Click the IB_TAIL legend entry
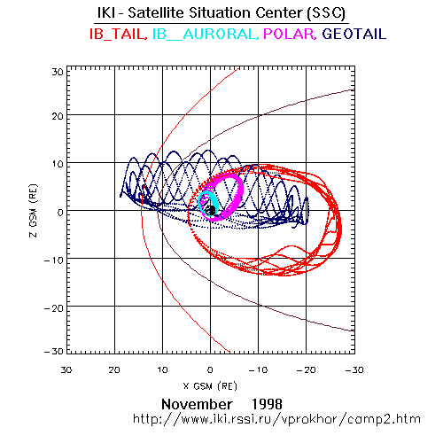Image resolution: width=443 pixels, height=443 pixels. (x=119, y=34)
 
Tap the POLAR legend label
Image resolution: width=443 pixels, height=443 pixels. (x=290, y=34)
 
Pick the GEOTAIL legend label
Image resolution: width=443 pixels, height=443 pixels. (x=354, y=34)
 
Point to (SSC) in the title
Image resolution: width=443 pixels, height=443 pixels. (x=326, y=13)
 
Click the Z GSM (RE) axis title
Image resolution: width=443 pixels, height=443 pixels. (x=34, y=211)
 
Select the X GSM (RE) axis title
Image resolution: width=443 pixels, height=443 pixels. (x=210, y=386)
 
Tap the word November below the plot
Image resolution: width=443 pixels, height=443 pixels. (x=197, y=404)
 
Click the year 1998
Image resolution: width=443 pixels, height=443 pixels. (x=267, y=404)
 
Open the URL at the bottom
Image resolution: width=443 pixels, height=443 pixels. (x=276, y=419)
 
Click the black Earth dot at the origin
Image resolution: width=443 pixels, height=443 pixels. (x=211, y=211)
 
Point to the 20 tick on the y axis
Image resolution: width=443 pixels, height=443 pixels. (x=58, y=116)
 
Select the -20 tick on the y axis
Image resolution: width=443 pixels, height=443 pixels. (x=54, y=308)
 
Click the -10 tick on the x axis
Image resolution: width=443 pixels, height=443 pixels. (x=258, y=369)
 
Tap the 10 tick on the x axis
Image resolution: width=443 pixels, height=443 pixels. (x=162, y=369)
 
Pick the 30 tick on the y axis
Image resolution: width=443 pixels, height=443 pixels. (x=58, y=72)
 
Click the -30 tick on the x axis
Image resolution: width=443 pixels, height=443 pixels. (x=354, y=369)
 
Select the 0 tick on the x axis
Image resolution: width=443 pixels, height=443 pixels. (x=210, y=369)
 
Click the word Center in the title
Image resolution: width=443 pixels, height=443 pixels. (x=279, y=13)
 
